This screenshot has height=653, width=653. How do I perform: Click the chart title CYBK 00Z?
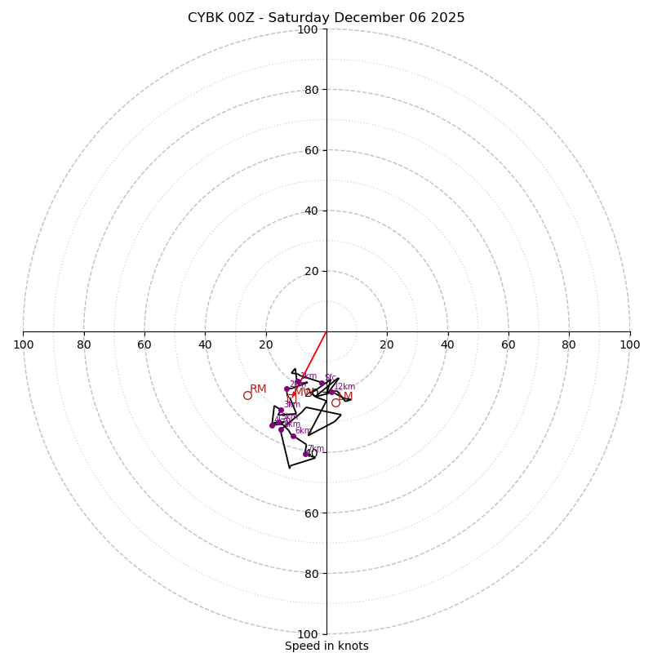pos(326,18)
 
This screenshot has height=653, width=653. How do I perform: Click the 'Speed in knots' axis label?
pos(326,646)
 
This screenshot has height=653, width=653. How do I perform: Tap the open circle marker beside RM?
pos(247,395)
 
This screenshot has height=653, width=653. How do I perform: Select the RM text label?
pos(258,389)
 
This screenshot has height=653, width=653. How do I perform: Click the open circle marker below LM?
pos(335,402)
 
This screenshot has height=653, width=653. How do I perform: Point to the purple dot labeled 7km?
pos(306,454)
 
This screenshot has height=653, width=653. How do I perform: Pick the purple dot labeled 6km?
pos(293,436)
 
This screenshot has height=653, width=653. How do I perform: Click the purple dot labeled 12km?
pos(331,392)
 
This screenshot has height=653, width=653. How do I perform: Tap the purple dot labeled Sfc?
pos(322,383)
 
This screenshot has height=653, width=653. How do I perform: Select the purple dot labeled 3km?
pos(281,411)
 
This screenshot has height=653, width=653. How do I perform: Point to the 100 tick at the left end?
pos(23,344)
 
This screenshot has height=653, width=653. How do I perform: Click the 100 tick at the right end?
pos(629,344)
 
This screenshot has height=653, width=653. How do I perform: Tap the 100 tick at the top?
pos(307,29)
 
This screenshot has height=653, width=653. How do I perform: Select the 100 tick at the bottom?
pos(307,633)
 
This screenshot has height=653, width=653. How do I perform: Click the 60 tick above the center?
pos(310,150)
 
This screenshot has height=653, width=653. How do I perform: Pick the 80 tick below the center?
pos(310,573)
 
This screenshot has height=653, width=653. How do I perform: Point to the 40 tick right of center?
pos(447,344)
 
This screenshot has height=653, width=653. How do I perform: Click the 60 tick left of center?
pos(144,344)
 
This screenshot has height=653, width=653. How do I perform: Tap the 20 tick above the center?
pos(310,271)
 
